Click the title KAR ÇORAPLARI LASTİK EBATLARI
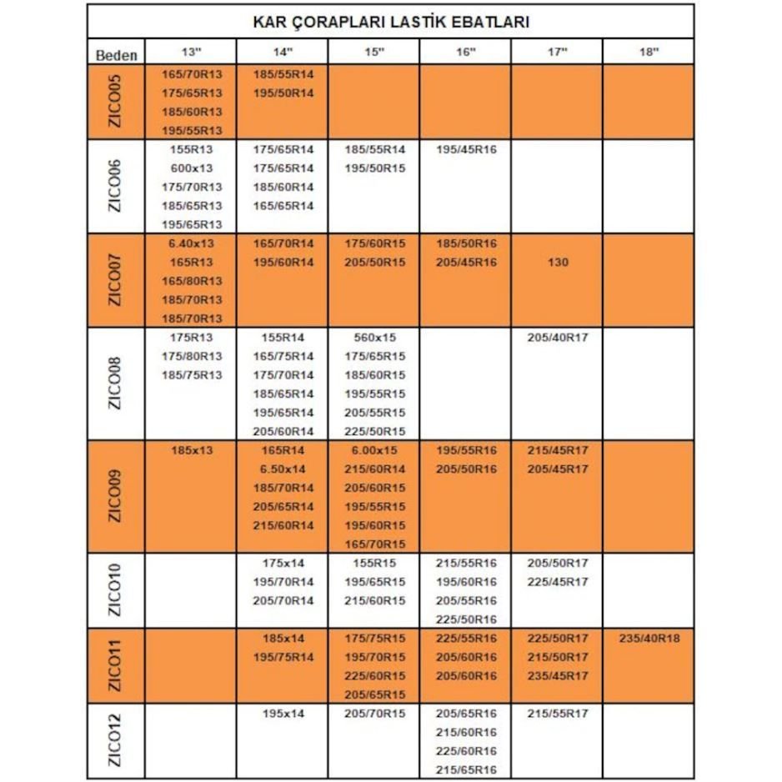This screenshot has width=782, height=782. coord(390,22)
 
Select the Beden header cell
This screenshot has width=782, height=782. coord(117,55)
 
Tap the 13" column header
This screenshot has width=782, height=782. coord(191,53)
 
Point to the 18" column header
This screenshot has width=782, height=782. coord(649,53)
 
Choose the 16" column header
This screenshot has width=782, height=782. coord(466,53)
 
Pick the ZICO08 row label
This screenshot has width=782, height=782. coord(117,383)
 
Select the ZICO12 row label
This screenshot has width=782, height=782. coord(117,740)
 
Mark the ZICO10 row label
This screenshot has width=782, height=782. coord(117,589)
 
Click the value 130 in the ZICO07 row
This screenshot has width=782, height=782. coord(558,262)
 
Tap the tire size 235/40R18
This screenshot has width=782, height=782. coord(649,638)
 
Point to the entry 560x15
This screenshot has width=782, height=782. coord(374,338)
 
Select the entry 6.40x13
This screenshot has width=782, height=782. coord(191,243)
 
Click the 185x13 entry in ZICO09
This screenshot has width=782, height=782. coord(191,450)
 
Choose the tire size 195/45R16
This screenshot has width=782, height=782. coord(466,149)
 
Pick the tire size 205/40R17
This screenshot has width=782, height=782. coord(558,338)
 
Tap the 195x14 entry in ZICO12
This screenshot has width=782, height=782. coord(283,714)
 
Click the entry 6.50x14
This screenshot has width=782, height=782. coord(283,469)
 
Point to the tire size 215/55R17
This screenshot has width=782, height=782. coord(558,714)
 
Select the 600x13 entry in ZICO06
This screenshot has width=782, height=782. coord(191,168)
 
